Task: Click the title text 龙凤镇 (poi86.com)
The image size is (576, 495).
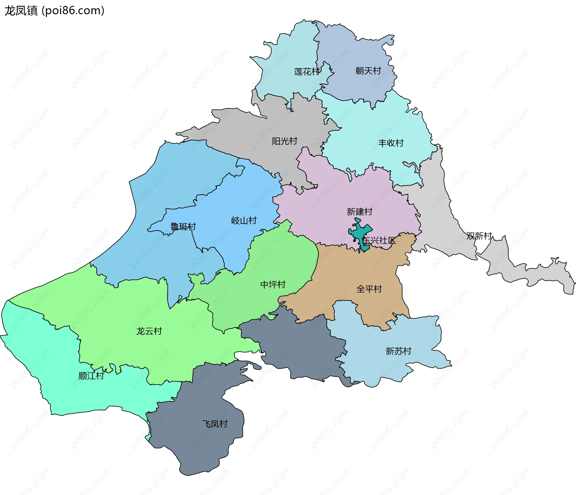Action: [x=54, y=11]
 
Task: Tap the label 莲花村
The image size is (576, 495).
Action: [x=307, y=71]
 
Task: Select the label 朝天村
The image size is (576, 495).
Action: [x=368, y=71]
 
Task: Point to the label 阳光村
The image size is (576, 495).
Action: [x=284, y=141]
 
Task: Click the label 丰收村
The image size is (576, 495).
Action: [x=391, y=143]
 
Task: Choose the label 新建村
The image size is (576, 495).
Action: [x=359, y=212]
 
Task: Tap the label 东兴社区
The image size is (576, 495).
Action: [x=379, y=240]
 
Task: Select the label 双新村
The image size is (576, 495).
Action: [x=479, y=236]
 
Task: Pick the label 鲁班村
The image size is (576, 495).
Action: [x=183, y=226]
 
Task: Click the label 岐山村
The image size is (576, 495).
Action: [x=244, y=221]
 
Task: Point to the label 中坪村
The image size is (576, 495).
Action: [x=273, y=284]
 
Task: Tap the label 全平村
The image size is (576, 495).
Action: [x=369, y=289]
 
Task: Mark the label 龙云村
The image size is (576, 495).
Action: [x=149, y=331]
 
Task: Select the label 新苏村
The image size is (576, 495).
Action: [x=398, y=351]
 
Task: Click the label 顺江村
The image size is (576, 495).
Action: [x=91, y=376]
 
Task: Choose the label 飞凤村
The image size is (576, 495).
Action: [x=215, y=424]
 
